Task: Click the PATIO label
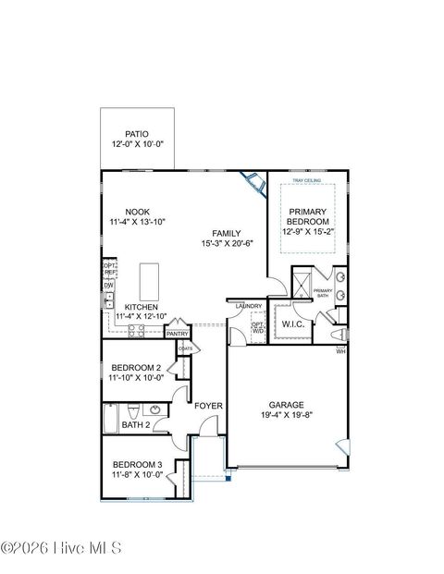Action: [x=138, y=134]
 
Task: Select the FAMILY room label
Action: [x=227, y=233]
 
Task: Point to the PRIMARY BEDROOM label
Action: [x=307, y=216]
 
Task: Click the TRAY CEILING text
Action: [x=306, y=180]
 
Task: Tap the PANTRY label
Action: [x=178, y=334]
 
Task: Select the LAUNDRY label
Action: [x=249, y=306]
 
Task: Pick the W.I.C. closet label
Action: [x=293, y=324]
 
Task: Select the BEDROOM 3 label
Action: [x=137, y=464]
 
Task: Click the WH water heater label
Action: [x=340, y=352]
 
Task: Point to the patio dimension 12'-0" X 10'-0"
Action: [x=138, y=146]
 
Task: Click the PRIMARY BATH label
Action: [x=322, y=292]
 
